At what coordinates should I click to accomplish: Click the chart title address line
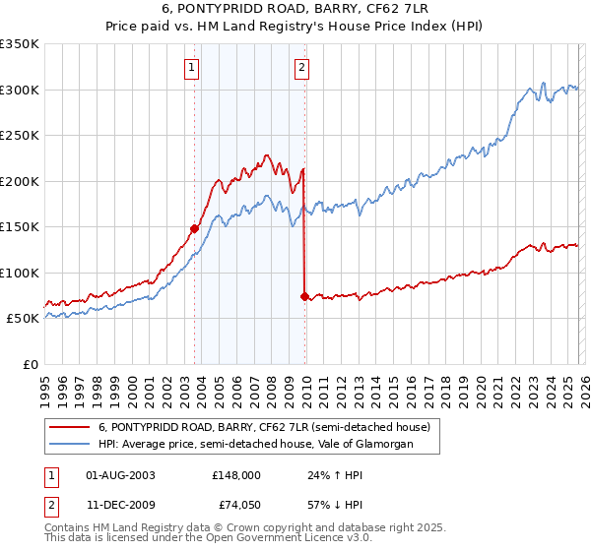tap(295, 10)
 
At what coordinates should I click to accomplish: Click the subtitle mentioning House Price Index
tap(295, 27)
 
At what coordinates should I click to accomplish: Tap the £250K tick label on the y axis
tap(20, 136)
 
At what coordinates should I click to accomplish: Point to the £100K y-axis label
tap(20, 273)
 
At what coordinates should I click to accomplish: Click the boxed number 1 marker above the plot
tap(191, 68)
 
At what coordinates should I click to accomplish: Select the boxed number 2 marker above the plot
tap(301, 68)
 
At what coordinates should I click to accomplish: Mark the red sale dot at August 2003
tap(194, 228)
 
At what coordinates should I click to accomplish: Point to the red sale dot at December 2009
tap(304, 296)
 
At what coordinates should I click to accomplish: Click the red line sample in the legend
tap(71, 428)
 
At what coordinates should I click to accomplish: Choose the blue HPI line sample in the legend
tap(71, 445)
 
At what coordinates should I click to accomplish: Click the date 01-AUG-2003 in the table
tap(121, 474)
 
